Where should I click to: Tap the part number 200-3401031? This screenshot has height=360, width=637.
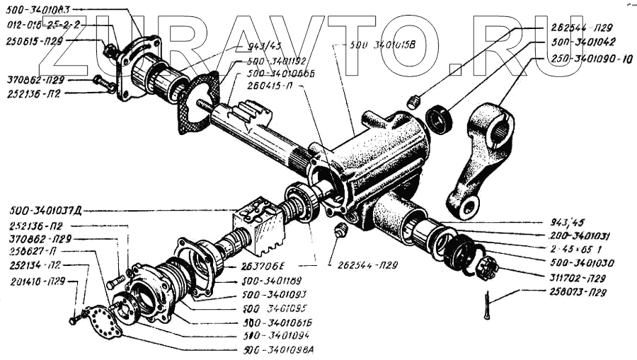click(581, 236)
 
